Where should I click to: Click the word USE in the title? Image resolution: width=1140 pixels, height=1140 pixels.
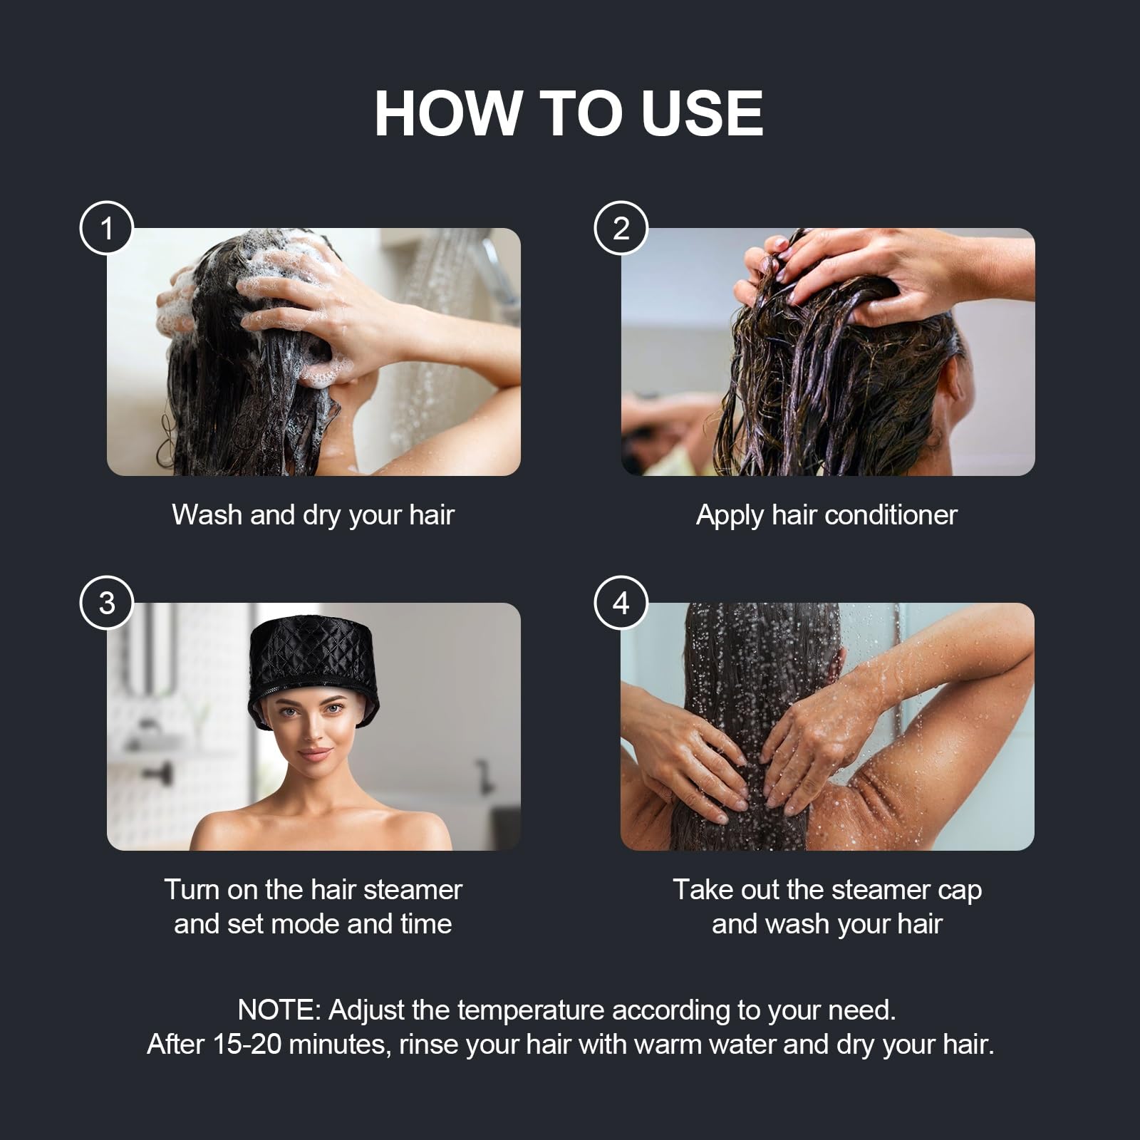pos(702,113)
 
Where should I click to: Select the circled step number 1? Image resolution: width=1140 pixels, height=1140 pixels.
pos(107,229)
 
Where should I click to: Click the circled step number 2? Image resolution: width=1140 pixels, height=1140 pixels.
pos(621,229)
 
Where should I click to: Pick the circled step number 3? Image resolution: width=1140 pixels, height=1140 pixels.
pos(107,603)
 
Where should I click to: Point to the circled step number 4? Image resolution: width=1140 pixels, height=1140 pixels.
pos(621,603)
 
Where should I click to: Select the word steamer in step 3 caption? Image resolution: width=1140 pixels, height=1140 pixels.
pos(413,890)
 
